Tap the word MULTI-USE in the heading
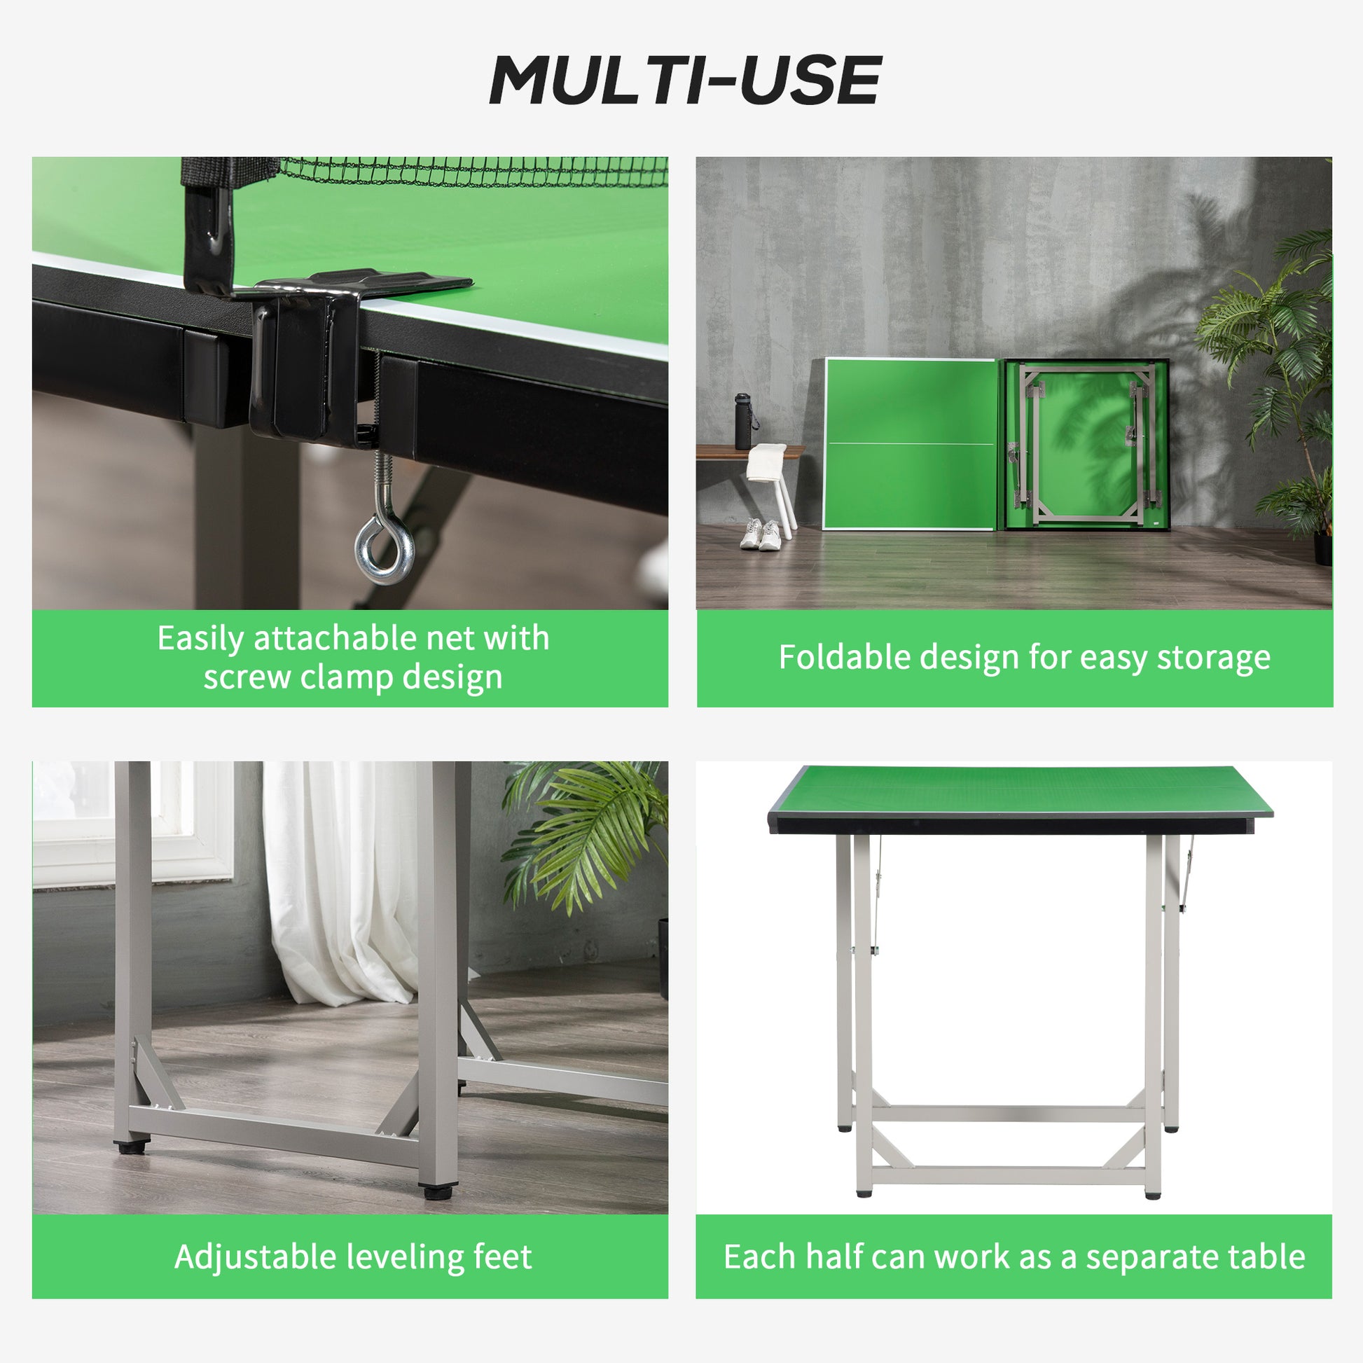pyautogui.click(x=685, y=81)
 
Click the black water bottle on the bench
pyautogui.click(x=744, y=422)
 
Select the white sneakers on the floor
pyautogui.click(x=761, y=534)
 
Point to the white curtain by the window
pyautogui.click(x=338, y=882)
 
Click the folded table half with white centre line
pyautogui.click(x=910, y=445)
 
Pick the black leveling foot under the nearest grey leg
pyautogui.click(x=437, y=1192)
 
